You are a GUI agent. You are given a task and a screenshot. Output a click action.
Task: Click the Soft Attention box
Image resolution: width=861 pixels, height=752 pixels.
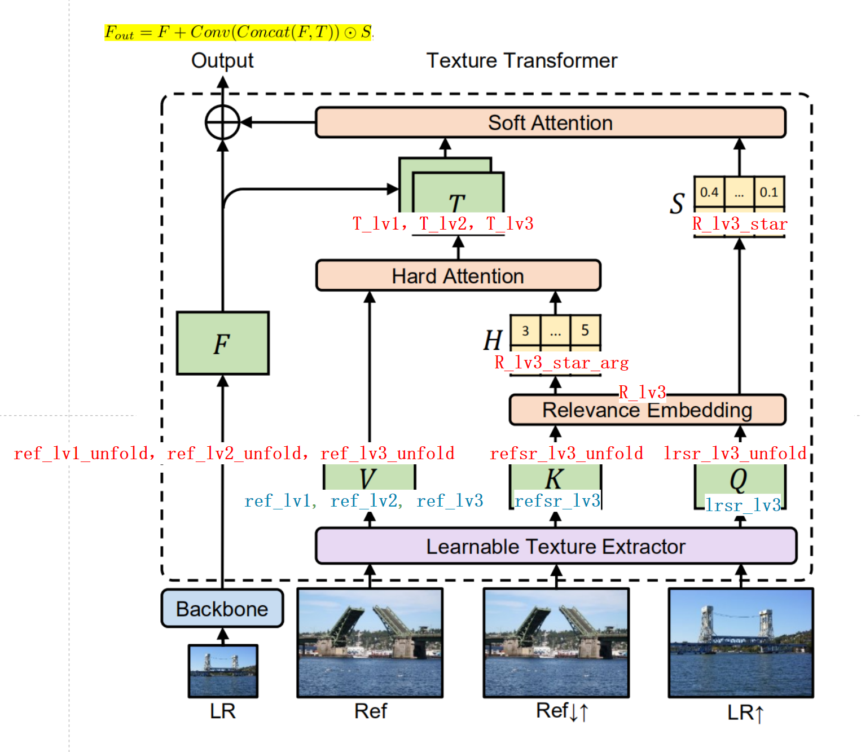pos(550,122)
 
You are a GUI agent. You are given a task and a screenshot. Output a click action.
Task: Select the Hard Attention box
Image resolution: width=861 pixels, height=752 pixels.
pos(458,276)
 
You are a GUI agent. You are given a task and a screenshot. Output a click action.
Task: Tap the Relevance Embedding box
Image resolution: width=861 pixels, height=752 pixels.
pos(647,410)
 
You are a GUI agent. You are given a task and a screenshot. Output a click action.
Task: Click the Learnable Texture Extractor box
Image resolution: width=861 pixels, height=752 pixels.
pos(556,546)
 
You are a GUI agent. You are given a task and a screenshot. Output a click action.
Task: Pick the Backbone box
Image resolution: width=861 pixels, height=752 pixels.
pos(222,609)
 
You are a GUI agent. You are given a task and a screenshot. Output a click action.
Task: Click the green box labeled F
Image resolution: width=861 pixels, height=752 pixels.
pos(222,343)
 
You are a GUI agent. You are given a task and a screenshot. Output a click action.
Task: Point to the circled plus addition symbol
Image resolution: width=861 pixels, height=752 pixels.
pos(222,122)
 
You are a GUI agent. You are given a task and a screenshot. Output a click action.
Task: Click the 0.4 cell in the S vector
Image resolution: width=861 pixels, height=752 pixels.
pos(709,192)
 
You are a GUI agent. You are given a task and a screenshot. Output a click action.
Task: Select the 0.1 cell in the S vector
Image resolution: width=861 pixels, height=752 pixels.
pos(768,192)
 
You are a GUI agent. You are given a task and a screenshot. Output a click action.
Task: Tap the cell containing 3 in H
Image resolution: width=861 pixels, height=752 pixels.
pos(525,331)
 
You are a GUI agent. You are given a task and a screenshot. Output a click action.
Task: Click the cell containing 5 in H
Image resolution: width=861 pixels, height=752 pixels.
pos(585,331)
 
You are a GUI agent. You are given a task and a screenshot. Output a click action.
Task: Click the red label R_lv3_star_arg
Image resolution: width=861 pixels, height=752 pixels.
pos(561,363)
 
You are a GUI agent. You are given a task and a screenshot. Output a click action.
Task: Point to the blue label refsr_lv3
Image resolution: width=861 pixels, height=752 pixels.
pos(557,500)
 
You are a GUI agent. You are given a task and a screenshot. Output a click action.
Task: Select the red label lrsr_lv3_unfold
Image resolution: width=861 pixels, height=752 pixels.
pos(735,453)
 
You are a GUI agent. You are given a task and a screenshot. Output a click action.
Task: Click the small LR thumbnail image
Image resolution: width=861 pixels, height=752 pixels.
pos(223,671)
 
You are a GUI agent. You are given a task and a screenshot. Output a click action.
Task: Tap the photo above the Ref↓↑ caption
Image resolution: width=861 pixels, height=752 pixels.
pos(556,643)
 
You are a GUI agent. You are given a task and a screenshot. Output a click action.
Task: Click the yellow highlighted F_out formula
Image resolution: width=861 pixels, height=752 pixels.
pos(238,32)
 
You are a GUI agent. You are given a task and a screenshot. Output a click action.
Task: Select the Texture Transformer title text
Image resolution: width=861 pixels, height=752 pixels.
pos(521,60)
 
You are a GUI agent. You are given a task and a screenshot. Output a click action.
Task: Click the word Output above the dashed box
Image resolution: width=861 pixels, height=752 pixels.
pos(222,60)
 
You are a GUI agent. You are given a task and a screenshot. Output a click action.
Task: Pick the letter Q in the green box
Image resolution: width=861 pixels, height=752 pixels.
pos(738,480)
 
